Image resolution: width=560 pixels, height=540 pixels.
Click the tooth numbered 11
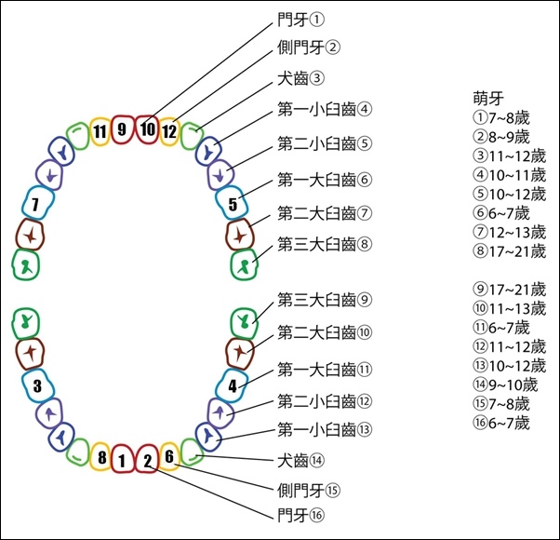(x=100, y=131)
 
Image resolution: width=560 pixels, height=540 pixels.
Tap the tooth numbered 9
(x=122, y=129)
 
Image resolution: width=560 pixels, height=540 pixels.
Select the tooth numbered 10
(x=147, y=129)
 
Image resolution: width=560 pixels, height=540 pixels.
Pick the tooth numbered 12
(x=169, y=131)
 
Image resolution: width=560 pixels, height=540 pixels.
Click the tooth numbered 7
(x=38, y=203)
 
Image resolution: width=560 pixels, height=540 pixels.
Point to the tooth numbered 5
(x=232, y=203)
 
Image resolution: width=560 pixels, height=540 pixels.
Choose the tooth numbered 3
(x=38, y=386)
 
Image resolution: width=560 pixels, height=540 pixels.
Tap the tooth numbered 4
(x=232, y=386)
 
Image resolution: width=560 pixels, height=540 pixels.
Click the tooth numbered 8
(x=100, y=456)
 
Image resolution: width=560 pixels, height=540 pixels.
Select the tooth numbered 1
(x=123, y=459)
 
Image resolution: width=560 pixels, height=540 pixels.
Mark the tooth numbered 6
(x=169, y=456)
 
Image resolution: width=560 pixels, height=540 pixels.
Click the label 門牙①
(x=300, y=20)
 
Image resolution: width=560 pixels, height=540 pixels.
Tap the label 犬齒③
(x=300, y=78)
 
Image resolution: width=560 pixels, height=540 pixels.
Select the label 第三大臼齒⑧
(x=325, y=245)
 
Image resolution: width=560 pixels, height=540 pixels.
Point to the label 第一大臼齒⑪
(x=325, y=370)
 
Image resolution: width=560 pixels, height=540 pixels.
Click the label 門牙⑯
(x=300, y=516)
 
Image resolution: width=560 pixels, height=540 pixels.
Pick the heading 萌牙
(x=488, y=99)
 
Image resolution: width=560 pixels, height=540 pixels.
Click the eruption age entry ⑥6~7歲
(x=501, y=213)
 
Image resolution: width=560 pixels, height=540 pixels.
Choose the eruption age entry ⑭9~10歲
(x=505, y=385)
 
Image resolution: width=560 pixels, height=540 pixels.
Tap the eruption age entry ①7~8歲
(x=501, y=118)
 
